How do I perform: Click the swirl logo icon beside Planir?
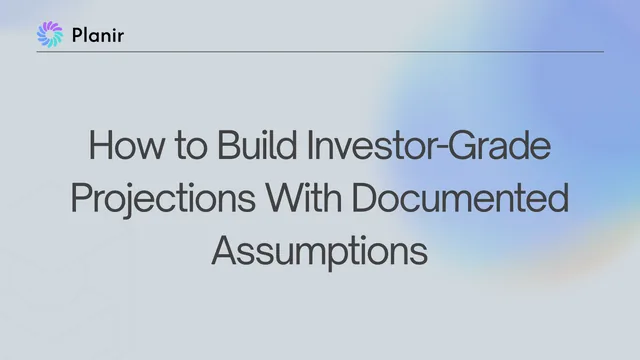(x=50, y=34)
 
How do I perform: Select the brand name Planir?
(x=98, y=35)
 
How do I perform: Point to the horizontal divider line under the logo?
(x=320, y=52)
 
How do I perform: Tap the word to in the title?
(x=191, y=147)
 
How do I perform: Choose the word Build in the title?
(x=257, y=145)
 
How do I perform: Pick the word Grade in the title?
(x=500, y=145)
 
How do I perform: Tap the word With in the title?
(x=304, y=198)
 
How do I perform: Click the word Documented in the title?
(x=460, y=198)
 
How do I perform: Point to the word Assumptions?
(x=320, y=252)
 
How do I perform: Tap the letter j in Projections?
(x=128, y=201)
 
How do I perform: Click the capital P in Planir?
(x=78, y=35)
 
